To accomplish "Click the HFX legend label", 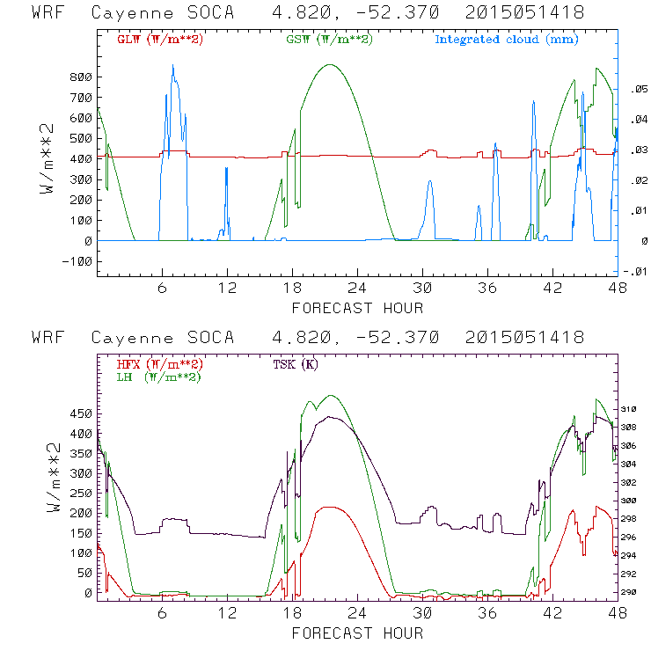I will (159, 363).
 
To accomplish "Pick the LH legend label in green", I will (159, 377).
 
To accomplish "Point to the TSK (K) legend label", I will (296, 363).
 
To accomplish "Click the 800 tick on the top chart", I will (81, 77).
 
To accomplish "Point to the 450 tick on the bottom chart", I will (81, 413).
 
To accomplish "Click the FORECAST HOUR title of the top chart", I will (356, 308).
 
